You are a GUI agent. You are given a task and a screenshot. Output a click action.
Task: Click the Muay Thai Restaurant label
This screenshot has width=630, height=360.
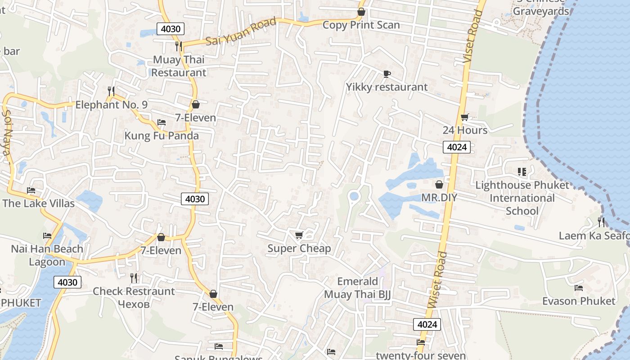[x=179, y=66]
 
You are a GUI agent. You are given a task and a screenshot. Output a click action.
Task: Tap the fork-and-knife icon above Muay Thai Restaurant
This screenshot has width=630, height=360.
[x=179, y=46]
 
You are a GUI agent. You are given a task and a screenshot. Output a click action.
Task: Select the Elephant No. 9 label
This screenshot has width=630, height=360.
[x=111, y=105]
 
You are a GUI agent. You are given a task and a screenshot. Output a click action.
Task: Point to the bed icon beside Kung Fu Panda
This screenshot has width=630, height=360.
[x=162, y=122]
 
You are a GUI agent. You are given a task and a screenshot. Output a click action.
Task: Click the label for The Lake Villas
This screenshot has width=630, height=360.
[x=38, y=203]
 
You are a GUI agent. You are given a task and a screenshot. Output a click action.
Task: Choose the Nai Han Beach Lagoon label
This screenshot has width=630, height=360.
[x=47, y=255]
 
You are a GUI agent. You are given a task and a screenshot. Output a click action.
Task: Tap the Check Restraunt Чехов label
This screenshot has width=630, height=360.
[x=134, y=297]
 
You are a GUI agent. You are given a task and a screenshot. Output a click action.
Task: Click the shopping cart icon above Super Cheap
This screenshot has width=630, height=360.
[x=299, y=235]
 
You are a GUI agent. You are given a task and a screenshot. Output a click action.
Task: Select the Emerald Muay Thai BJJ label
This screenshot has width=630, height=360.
[x=358, y=288]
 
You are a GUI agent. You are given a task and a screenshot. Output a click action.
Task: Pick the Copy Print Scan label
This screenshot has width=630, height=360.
[x=361, y=25]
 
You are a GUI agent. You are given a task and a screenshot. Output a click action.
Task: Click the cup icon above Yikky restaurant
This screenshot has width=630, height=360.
[x=387, y=74]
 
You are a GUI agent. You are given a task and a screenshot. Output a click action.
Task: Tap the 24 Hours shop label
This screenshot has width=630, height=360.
[x=465, y=130]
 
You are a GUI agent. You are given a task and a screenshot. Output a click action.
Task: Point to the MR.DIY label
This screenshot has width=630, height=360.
[x=439, y=198]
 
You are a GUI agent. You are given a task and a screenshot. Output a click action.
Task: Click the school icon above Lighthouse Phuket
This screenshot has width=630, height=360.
[x=522, y=171]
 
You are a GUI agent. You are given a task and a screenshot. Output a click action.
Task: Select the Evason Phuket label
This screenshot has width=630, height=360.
[x=578, y=301]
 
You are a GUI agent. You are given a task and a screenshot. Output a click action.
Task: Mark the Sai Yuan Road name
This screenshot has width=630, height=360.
[x=241, y=31]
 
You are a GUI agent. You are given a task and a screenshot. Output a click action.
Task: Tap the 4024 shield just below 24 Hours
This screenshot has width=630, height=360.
[x=457, y=147]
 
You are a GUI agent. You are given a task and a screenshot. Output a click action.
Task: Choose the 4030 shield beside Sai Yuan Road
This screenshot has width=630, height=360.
[x=171, y=29]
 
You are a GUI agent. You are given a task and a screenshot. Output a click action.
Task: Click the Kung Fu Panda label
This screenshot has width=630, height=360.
[x=162, y=135]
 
